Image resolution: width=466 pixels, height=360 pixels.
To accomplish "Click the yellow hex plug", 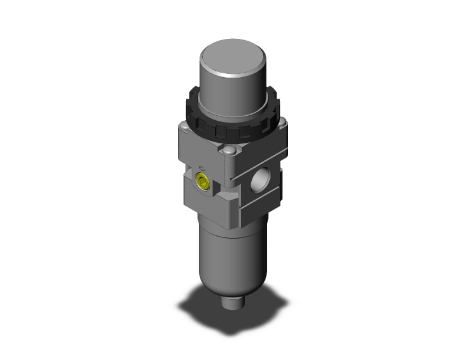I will [x=203, y=182].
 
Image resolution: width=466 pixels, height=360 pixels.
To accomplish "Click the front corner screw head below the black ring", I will [x=230, y=152].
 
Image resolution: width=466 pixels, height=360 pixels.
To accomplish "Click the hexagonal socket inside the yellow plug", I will [x=203, y=183].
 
